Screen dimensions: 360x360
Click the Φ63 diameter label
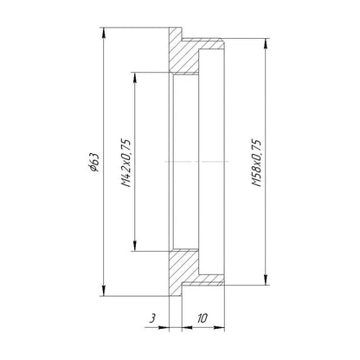click(x=94, y=162)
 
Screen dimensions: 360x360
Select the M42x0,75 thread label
click(x=125, y=164)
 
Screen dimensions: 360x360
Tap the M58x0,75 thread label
click(x=256, y=163)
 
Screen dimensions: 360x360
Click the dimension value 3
click(x=153, y=318)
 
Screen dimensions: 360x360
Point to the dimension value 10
click(x=202, y=318)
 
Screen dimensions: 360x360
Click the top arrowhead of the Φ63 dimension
click(x=104, y=32)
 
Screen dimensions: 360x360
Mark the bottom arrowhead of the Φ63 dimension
click(x=104, y=291)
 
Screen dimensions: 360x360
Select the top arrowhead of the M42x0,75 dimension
click(x=135, y=77)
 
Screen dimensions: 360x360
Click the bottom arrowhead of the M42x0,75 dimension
click(x=135, y=246)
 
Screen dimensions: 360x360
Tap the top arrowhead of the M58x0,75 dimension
click(x=266, y=43)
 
